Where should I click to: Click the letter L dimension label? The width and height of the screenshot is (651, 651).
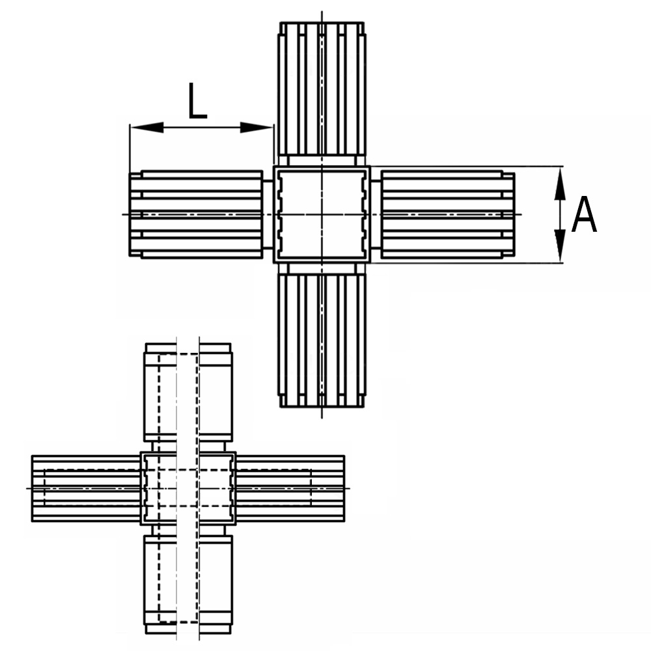(x=197, y=101)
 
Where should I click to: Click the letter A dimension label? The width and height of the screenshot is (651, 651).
(x=584, y=214)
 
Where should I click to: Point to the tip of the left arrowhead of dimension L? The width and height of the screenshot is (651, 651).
(x=130, y=128)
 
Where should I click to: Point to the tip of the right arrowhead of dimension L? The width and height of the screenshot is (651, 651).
(x=273, y=128)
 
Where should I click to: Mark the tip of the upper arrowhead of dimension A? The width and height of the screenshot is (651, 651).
(x=560, y=167)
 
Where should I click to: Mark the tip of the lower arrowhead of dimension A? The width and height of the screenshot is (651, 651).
(x=560, y=262)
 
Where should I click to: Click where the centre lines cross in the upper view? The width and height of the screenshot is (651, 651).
(x=322, y=215)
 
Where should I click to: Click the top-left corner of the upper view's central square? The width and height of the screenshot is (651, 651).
(x=273, y=167)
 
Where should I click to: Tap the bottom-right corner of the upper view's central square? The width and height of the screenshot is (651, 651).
(x=370, y=263)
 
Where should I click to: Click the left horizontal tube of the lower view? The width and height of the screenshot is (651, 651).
(x=87, y=488)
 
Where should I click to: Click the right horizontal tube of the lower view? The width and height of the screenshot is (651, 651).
(x=290, y=488)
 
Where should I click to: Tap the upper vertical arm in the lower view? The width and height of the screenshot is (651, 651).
(x=188, y=393)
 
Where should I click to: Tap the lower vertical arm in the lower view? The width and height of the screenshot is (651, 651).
(x=188, y=585)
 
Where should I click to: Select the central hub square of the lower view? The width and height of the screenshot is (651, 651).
(x=188, y=488)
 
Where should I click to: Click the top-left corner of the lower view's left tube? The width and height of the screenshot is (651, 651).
(x=32, y=456)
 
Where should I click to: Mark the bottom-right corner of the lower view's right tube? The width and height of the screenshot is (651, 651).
(x=344, y=521)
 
